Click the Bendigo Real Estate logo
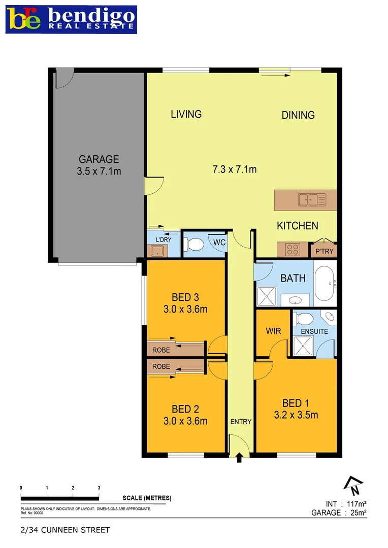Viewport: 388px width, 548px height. pyautogui.click(x=71, y=19)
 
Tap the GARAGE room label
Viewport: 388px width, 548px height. pyautogui.click(x=99, y=159)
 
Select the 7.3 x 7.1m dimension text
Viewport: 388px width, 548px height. pyautogui.click(x=234, y=169)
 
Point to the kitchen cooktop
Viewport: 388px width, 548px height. pyautogui.click(x=293, y=249)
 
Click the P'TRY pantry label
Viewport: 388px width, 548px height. pyautogui.click(x=324, y=251)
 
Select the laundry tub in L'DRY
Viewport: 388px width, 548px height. pyautogui.click(x=156, y=250)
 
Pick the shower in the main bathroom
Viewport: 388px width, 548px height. pyautogui.click(x=267, y=296)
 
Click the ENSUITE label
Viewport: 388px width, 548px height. pyautogui.click(x=314, y=331)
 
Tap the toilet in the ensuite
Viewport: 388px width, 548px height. pyautogui.click(x=305, y=319)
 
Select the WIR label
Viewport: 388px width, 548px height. pyautogui.click(x=273, y=331)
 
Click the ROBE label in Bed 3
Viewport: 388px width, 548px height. pyautogui.click(x=161, y=350)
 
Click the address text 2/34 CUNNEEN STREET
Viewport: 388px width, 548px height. pyautogui.click(x=65, y=530)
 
